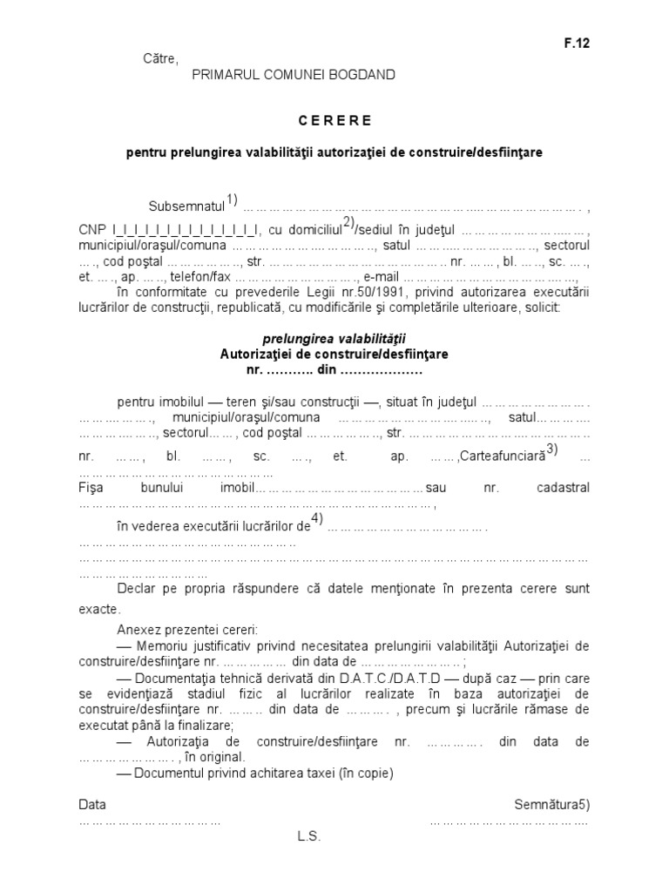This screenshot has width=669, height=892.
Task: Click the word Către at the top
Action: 159,59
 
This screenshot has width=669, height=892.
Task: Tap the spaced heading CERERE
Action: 335,120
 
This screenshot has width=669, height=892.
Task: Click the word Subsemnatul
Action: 186,207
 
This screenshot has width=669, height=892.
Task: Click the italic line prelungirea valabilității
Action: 335,339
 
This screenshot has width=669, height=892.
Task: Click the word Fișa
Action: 91,488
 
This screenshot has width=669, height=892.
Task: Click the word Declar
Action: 135,589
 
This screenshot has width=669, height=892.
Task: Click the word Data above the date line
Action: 92,804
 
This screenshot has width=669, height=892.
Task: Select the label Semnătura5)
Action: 551,804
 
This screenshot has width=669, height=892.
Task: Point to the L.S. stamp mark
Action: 309,836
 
